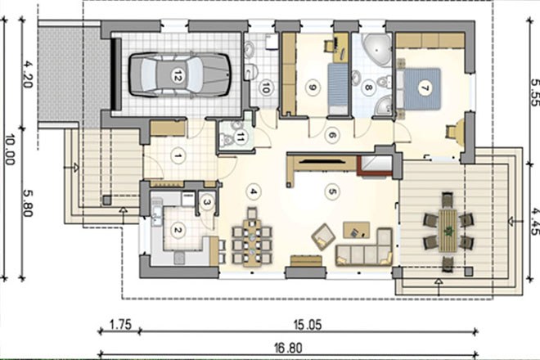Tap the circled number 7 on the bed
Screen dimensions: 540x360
point(425,88)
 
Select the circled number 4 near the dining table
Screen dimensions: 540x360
point(254,191)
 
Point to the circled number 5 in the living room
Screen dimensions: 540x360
point(332,191)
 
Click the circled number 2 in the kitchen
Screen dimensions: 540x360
point(178,230)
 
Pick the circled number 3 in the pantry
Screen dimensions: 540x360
point(207,202)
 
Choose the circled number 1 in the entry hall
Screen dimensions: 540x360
point(178,156)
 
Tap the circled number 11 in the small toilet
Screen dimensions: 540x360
point(240,137)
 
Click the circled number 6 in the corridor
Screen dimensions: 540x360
point(332,135)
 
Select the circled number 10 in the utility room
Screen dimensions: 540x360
point(265,88)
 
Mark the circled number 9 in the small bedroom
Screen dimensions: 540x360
point(313,88)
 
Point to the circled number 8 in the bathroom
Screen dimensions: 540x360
point(368,88)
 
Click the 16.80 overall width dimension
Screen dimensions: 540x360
point(288,348)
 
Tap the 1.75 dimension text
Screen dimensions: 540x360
point(120,325)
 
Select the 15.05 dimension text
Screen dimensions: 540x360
point(308,325)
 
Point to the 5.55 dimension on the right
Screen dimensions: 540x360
point(534,92)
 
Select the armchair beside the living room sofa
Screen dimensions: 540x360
point(323,236)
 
